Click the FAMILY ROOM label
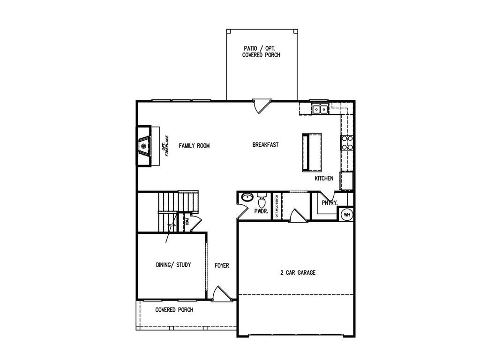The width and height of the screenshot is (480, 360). click(194, 146)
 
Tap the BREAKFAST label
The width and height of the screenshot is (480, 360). click(265, 145)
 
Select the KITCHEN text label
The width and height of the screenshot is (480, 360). click(324, 179)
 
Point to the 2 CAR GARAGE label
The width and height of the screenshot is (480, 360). click(298, 272)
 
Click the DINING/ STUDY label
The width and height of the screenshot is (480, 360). click(173, 265)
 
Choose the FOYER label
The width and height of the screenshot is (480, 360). click(222, 266)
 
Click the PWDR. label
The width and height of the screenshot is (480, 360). click(261, 211)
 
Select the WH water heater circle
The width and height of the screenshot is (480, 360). click(347, 215)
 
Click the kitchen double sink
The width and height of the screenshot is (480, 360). click(320, 109)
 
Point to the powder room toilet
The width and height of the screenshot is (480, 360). click(262, 201)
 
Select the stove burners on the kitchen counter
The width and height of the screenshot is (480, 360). click(347, 142)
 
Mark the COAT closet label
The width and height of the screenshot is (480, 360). click(187, 221)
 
